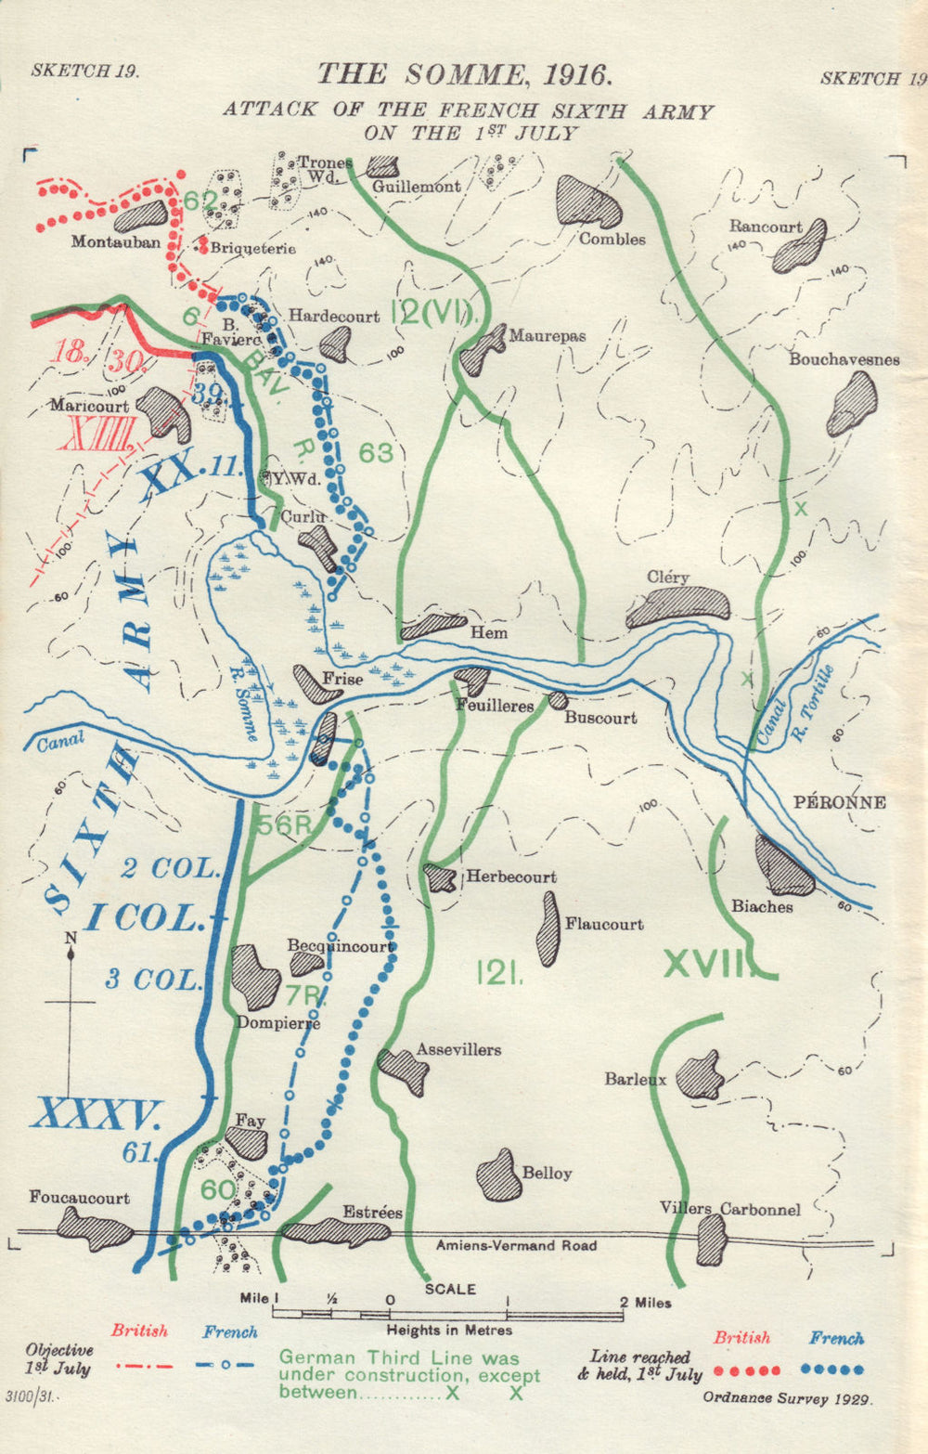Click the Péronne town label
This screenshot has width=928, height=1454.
tap(840, 802)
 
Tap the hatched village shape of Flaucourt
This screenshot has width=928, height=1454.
tap(548, 929)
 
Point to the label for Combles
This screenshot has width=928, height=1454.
tap(612, 239)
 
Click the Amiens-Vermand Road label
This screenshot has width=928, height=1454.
tap(516, 1245)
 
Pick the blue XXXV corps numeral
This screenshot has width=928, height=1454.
tap(97, 1113)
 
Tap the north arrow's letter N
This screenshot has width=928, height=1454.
tap(71, 939)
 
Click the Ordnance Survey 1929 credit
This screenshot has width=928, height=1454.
tap(788, 1396)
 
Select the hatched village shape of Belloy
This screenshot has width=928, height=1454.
tap(498, 1175)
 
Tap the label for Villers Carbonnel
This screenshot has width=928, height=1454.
tap(729, 1208)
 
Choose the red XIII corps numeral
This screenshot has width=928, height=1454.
tap(97, 434)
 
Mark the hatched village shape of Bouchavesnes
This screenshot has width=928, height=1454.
tap(852, 404)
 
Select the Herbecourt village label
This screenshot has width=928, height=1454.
tap(511, 876)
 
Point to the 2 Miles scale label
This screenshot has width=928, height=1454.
tap(646, 1303)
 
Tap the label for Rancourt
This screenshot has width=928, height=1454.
tap(765, 226)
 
